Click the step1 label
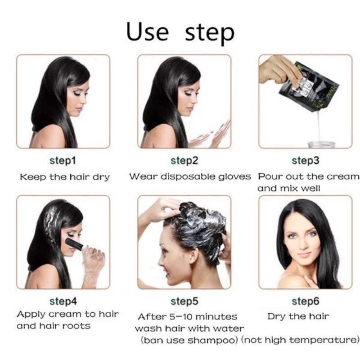[63, 161]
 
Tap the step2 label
[184, 161]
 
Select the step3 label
[305, 161]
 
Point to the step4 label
[63, 301]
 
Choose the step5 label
[184, 301]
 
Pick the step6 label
[305, 301]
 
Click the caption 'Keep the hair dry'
[64, 177]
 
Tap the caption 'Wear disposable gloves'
[190, 176]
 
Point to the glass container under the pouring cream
[321, 144]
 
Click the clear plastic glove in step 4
[93, 263]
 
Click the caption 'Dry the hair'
[298, 316]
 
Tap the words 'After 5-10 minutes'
[187, 317]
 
